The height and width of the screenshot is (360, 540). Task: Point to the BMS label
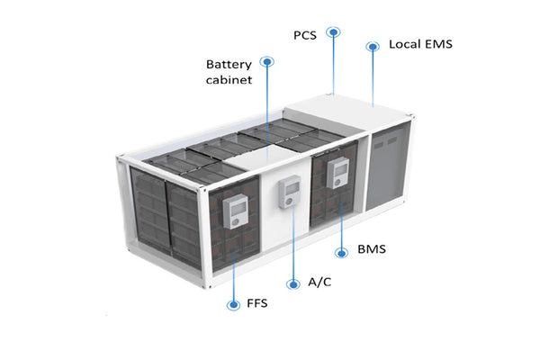click(372, 248)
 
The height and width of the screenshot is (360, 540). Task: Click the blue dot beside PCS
click(334, 31)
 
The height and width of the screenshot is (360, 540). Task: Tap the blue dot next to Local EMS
click(372, 44)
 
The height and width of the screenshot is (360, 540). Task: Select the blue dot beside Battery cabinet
click(266, 61)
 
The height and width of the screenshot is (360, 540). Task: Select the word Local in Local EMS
click(403, 44)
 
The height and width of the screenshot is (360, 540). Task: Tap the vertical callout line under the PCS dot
click(334, 63)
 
